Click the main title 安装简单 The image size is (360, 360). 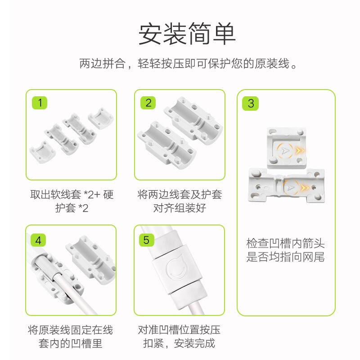[x=186, y=34]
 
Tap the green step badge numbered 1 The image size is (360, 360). [x=40, y=103]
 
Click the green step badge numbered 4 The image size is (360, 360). [x=39, y=240]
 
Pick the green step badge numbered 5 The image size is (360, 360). [x=146, y=240]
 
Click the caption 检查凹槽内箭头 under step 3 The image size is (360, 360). [x=285, y=244]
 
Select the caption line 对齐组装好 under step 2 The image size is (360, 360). [x=180, y=208]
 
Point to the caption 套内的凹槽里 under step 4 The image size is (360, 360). [x=71, y=344]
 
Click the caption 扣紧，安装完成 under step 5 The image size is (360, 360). [x=180, y=344]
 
